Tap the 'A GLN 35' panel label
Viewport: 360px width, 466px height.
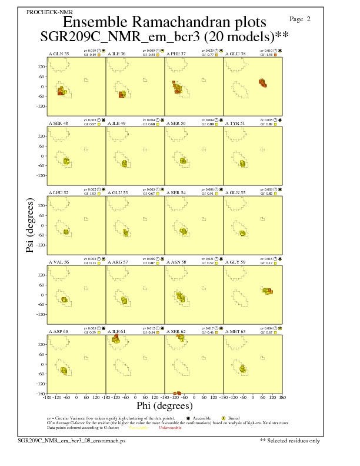click(58, 54)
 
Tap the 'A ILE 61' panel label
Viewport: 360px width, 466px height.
click(117, 332)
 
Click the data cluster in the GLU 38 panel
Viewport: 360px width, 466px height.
click(262, 83)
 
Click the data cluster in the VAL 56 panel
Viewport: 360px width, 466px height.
click(65, 299)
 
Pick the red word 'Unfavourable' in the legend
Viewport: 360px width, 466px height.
click(171, 428)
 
